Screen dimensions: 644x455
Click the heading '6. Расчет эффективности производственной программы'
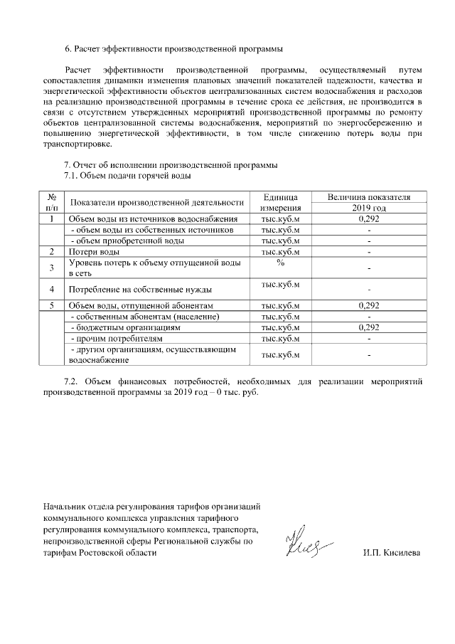click(x=173, y=49)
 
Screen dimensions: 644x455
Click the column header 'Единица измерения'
click(x=280, y=202)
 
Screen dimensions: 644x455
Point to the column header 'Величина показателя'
click(x=369, y=197)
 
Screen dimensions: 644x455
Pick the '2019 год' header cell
click(x=369, y=208)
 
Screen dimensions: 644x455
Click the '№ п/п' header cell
click(x=52, y=202)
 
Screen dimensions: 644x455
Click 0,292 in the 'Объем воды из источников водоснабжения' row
click(x=369, y=219)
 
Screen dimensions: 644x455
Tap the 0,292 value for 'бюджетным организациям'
click(x=369, y=327)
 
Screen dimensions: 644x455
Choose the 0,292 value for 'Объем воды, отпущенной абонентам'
click(x=369, y=306)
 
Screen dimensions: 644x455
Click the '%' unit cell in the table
click(x=280, y=263)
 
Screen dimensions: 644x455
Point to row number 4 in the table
click(x=52, y=289)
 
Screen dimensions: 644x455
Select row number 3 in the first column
click(x=52, y=268)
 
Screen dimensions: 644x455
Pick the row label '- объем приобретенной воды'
click(x=122, y=241)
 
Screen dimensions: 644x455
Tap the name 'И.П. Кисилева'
click(x=391, y=552)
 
